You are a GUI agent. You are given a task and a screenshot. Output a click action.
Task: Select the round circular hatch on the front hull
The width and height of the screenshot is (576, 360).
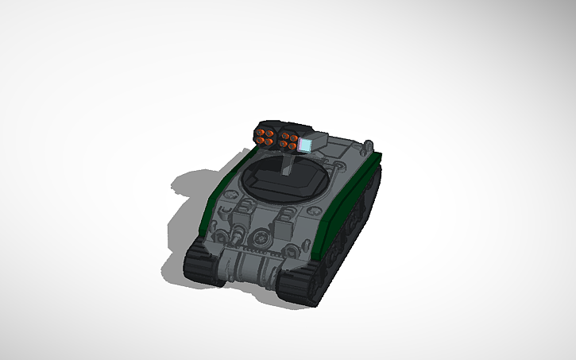[x=259, y=236]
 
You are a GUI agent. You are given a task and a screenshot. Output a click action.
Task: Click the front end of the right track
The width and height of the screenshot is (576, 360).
[x=298, y=286]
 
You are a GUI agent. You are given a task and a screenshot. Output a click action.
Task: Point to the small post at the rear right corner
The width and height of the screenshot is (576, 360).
[x=368, y=146]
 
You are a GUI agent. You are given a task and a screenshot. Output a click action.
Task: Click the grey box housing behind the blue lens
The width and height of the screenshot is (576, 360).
[x=317, y=141]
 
